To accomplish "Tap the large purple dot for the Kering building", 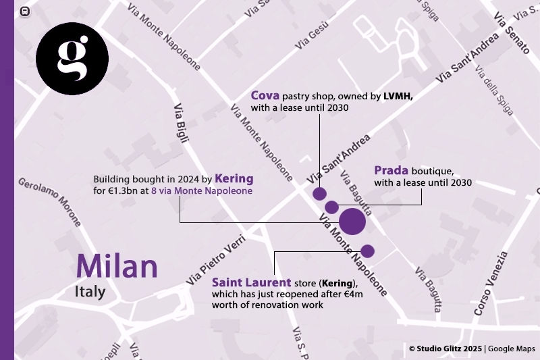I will point(352,222).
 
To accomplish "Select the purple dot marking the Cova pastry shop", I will point(320,194).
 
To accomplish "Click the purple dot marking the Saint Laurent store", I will point(368,251).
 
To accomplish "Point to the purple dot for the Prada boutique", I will point(331,207).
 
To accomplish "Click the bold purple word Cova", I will point(265,96).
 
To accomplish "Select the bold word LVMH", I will point(398,97).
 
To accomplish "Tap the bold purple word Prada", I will point(391,170).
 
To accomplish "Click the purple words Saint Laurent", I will point(252,282).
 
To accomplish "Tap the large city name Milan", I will point(117,265).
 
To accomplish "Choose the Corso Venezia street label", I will point(490,284).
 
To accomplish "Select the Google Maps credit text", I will point(512,349).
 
